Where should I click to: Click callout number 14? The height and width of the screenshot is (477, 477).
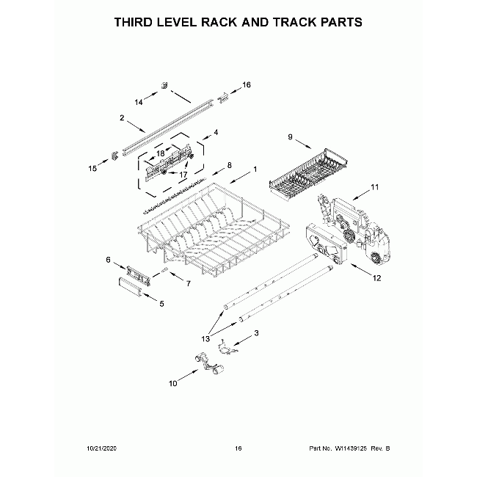coord(139,102)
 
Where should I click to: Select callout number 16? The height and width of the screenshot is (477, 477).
coord(247,85)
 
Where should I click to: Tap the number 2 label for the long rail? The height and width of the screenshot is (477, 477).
coord(122,117)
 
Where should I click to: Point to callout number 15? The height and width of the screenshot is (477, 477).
coord(92,169)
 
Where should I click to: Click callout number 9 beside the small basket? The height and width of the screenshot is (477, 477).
coord(290,137)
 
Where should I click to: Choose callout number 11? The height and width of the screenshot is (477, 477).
coord(375,188)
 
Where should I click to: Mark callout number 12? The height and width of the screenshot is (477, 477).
coord(377,278)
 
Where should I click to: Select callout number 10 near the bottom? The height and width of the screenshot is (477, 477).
coord(173,383)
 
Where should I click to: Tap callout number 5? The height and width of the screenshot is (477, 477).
coord(161,303)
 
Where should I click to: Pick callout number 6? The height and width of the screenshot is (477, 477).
coord(109,260)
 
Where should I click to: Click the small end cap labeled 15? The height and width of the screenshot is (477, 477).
coord(115,153)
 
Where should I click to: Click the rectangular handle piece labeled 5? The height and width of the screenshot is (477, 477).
coord(131,287)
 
